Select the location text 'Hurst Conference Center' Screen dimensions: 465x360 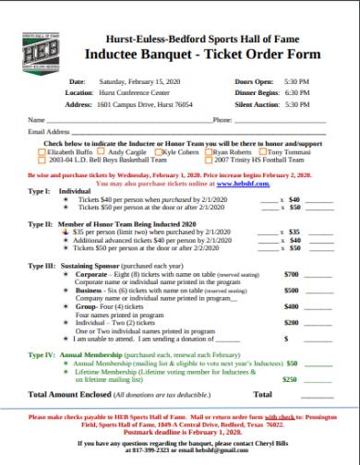point(135,93)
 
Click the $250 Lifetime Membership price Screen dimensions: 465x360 point(290,378)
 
